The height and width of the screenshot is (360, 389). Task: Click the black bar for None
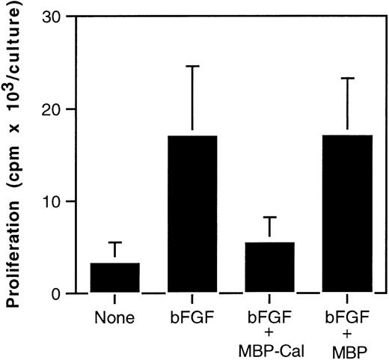click(114, 278)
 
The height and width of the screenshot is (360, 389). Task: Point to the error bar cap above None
click(114, 242)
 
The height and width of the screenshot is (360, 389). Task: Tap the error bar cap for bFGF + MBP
click(347, 78)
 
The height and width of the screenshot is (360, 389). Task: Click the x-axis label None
click(114, 317)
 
